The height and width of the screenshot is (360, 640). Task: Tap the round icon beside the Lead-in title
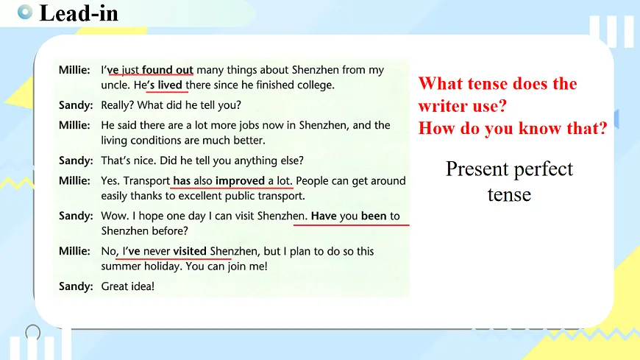point(24,12)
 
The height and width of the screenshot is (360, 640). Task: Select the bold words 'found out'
point(168,70)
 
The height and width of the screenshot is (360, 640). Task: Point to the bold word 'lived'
point(170,85)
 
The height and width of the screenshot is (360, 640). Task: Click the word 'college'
point(314,85)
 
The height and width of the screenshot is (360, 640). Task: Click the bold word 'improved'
point(240,180)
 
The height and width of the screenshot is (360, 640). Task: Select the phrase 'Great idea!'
point(128,286)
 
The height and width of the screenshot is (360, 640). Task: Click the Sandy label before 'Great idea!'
point(76,286)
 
